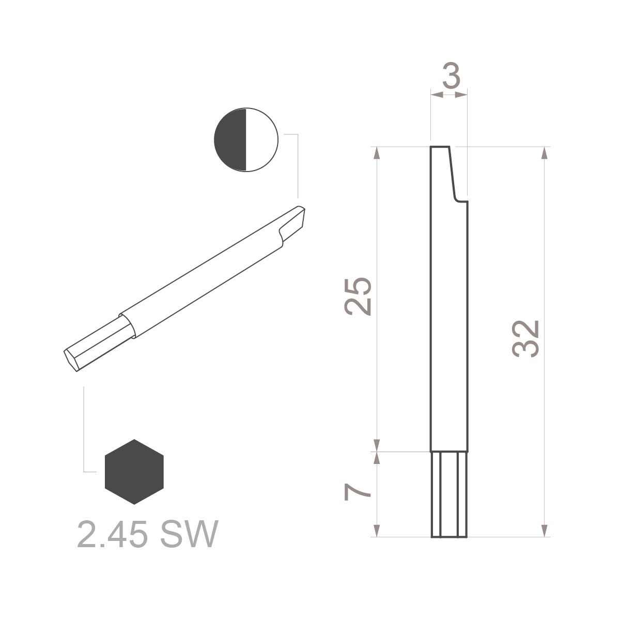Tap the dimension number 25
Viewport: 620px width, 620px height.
(x=358, y=296)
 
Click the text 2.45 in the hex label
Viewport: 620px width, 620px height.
(x=111, y=534)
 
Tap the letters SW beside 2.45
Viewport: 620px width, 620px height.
(x=188, y=534)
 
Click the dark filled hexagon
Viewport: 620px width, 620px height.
(x=134, y=472)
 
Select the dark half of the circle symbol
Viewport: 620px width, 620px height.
(x=231, y=139)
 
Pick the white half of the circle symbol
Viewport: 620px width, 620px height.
(x=261, y=139)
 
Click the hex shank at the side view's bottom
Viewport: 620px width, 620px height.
(x=449, y=494)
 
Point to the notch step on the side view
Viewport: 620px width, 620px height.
(x=458, y=199)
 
